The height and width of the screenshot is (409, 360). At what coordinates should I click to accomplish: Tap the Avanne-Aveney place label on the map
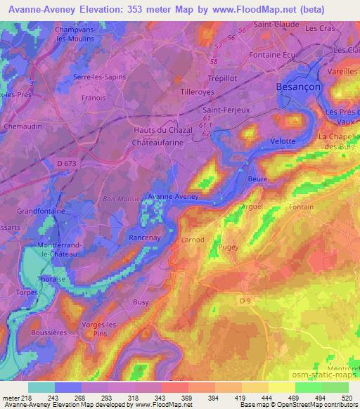coord(173,197)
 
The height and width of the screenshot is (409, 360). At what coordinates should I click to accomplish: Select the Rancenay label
coord(146,238)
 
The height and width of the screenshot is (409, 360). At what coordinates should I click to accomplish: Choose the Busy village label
coord(141,302)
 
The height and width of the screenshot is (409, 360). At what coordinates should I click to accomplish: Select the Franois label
coord(91,99)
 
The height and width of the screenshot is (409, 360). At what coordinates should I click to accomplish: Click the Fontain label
coord(321,207)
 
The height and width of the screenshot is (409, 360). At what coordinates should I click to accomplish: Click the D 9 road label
coord(245,300)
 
